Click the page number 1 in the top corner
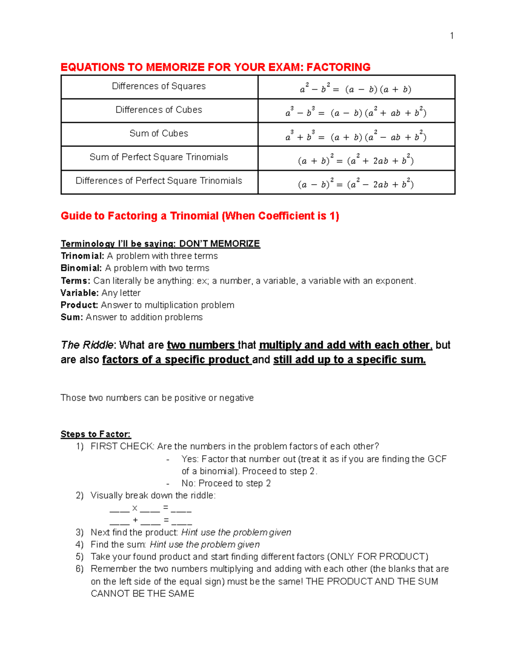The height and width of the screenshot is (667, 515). point(451,36)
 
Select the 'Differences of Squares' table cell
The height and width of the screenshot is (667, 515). point(159,86)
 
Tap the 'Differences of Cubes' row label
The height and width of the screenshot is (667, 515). point(159,110)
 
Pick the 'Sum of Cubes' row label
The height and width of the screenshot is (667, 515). point(159,134)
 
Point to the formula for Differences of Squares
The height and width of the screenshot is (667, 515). point(356,89)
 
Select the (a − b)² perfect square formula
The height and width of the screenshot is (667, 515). point(356,184)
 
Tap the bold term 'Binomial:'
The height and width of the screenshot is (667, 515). point(82,268)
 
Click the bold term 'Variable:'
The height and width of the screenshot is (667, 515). point(80,293)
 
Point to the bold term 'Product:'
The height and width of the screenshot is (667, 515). point(80,305)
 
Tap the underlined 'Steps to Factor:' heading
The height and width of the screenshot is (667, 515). point(96,434)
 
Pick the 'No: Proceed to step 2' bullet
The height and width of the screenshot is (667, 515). point(226,483)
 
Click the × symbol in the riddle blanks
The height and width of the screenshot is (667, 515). point(135,508)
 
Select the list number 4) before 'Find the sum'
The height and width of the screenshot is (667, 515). point(79,545)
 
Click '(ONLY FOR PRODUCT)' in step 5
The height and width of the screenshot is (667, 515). point(378,557)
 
